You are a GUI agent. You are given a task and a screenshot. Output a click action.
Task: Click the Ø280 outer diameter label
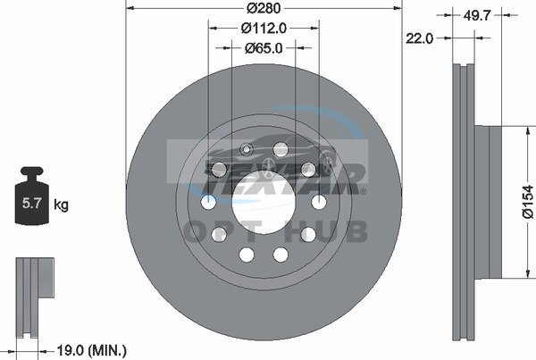264,8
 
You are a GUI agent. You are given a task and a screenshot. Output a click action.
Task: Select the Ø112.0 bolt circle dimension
264,29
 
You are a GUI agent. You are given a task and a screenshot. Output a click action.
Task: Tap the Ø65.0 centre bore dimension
264,48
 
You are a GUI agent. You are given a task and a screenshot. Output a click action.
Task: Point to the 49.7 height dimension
477,15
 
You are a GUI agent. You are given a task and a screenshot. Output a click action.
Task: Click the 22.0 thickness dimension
420,38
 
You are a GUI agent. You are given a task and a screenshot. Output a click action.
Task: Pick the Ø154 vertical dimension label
528,201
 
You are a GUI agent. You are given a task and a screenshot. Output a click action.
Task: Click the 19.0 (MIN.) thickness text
91,350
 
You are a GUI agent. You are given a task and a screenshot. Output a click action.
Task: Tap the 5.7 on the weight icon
31,203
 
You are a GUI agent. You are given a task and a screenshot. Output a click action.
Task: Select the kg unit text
61,205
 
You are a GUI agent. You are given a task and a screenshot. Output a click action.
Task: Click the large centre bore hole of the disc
264,202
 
